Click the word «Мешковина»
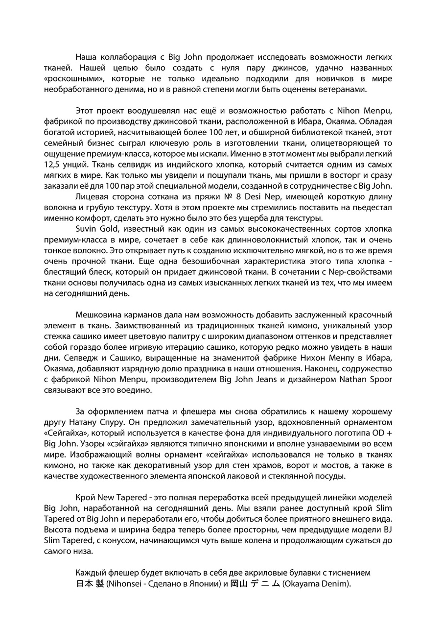pyautogui.click(x=97, y=315)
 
